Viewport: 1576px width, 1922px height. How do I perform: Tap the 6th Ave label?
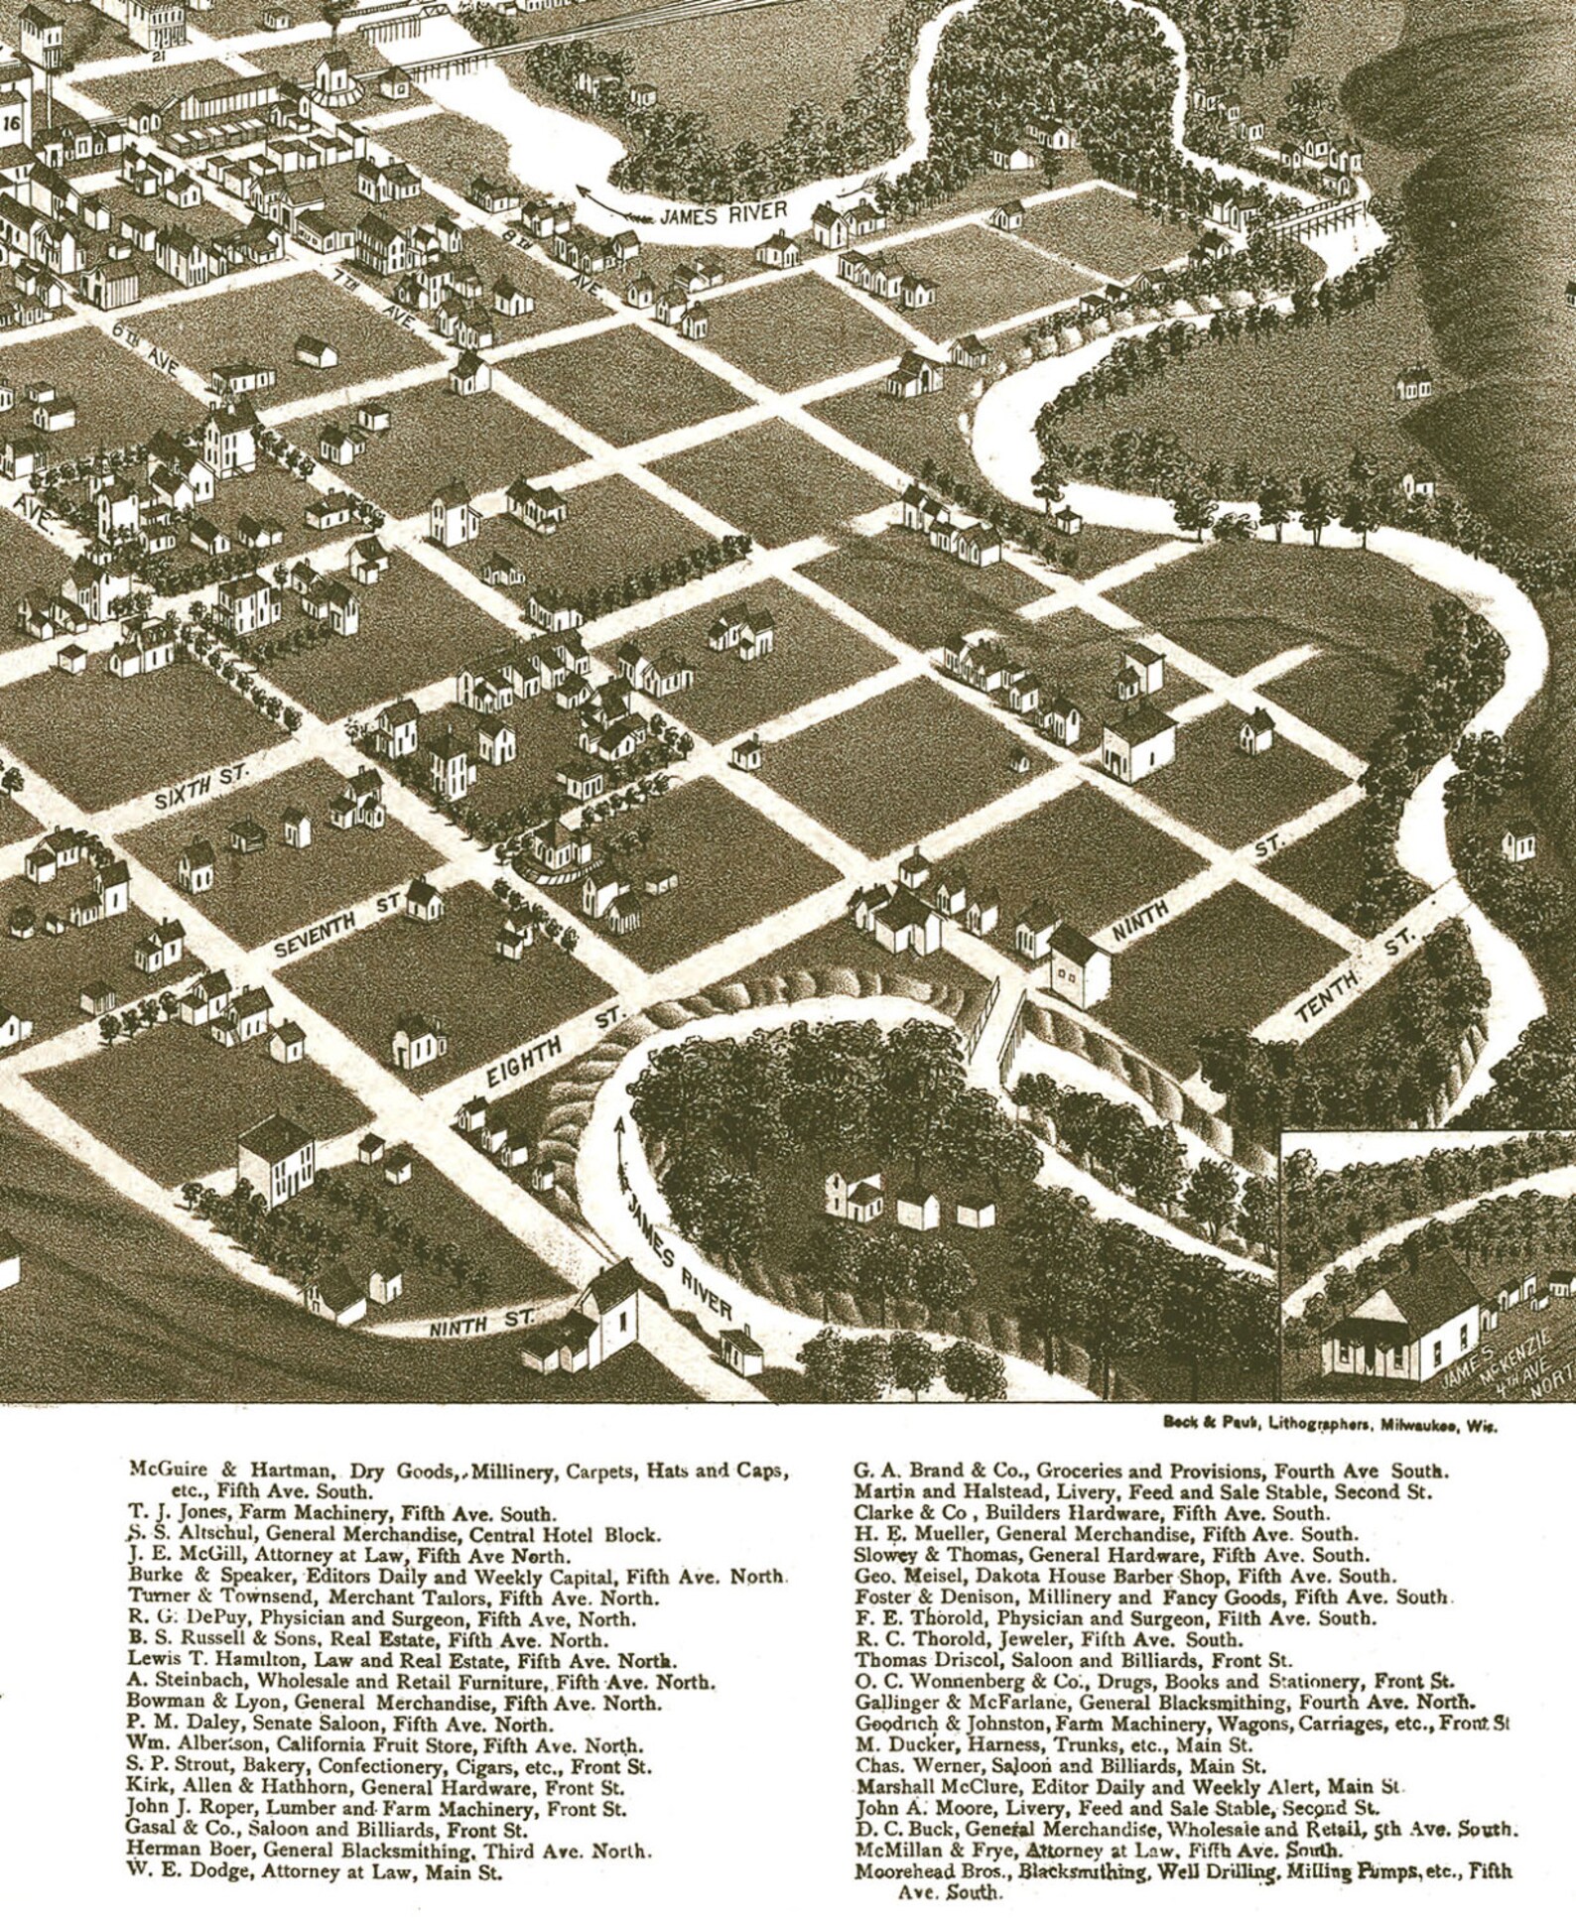pyautogui.click(x=145, y=347)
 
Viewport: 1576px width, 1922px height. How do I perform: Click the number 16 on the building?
pyautogui.click(x=12, y=123)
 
